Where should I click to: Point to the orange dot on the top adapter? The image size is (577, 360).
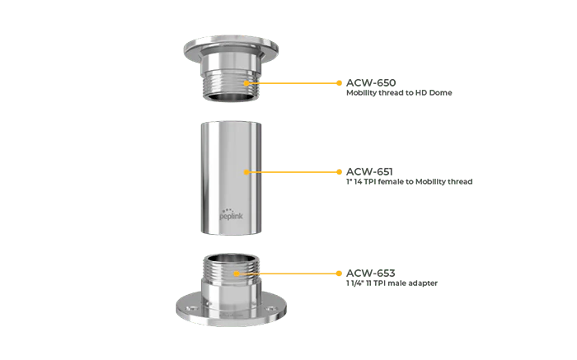tap(246, 83)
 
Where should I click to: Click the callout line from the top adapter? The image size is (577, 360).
tap(293, 83)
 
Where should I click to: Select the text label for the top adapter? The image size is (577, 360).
tap(396, 88)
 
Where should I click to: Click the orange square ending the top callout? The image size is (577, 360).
tap(340, 83)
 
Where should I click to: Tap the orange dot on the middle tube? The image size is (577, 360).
tap(246, 173)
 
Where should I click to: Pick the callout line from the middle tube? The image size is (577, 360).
tap(293, 173)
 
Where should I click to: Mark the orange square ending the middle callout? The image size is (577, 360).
tap(340, 173)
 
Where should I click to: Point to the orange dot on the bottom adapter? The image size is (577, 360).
tap(237, 273)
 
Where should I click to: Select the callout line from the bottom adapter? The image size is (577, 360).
tap(288, 273)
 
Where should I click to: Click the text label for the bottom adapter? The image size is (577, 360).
tap(391, 278)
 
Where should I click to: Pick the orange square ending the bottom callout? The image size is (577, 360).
tap(340, 273)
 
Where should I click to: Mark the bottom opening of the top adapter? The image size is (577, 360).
tap(226, 98)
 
